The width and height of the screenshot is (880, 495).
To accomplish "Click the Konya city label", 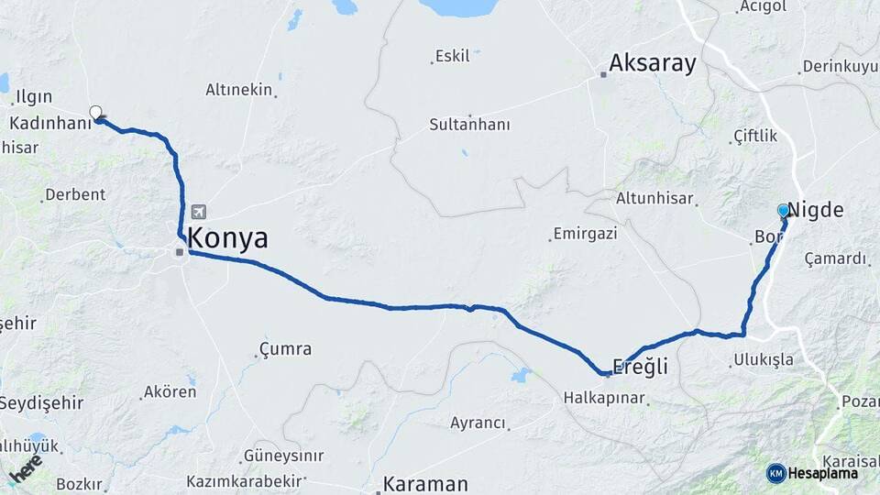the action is click(x=228, y=239).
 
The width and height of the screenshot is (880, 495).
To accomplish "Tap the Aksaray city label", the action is click(x=653, y=63).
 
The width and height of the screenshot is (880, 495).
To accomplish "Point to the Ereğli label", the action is click(x=642, y=367).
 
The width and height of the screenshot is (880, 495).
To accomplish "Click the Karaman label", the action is click(x=425, y=483).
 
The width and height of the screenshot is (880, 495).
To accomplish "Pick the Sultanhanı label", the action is click(x=470, y=125).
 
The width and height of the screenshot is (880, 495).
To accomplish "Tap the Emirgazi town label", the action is click(x=587, y=234).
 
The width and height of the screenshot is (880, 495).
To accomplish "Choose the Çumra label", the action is click(x=286, y=349).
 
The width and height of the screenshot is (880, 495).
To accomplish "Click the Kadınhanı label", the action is click(x=45, y=122).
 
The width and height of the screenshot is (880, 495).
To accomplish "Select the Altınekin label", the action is click(x=239, y=89).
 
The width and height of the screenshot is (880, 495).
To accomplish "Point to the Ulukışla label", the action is click(x=764, y=359).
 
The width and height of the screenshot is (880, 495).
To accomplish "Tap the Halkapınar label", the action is click(x=604, y=399).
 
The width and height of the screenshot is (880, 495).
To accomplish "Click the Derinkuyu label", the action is click(x=839, y=67).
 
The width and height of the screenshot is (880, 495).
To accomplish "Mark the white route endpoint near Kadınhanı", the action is click(x=95, y=113).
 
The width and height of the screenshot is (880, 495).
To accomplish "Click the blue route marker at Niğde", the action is click(x=784, y=211).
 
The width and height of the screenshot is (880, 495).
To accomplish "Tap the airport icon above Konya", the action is click(x=199, y=212).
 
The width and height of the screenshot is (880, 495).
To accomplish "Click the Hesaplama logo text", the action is click(x=825, y=473).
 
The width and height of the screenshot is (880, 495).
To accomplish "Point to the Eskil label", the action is click(x=453, y=56).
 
